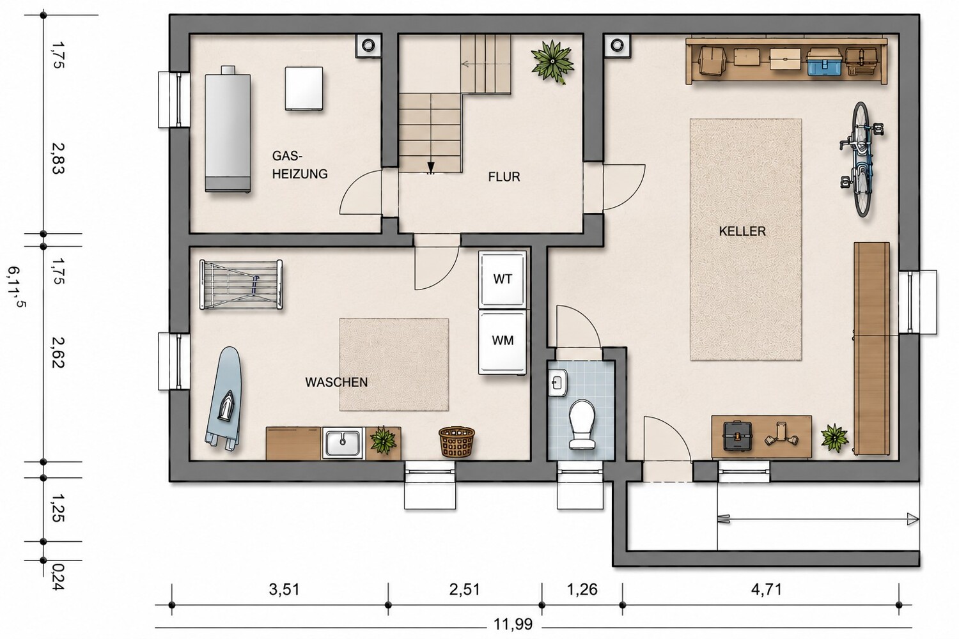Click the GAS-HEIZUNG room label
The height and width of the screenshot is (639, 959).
300,165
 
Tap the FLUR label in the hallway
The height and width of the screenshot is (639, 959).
504,177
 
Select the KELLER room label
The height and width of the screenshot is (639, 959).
742,231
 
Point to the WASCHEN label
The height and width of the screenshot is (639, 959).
336,382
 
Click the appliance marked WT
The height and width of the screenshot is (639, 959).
502,279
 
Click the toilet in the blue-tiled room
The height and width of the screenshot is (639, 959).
582,424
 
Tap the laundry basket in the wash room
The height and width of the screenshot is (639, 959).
457,442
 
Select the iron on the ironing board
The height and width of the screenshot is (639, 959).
226,405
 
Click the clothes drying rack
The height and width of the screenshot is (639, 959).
241,284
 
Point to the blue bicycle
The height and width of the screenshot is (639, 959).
861,158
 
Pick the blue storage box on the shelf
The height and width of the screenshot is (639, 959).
824,61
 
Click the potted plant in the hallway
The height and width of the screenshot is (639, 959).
552,61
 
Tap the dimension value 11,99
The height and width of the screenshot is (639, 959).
513,624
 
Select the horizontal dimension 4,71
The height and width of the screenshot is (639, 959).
767,590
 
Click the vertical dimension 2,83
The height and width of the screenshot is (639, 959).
58,158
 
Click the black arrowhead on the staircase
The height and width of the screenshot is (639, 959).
431,167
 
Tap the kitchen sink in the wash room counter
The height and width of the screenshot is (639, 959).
343,443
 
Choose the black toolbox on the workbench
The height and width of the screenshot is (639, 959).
737,436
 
